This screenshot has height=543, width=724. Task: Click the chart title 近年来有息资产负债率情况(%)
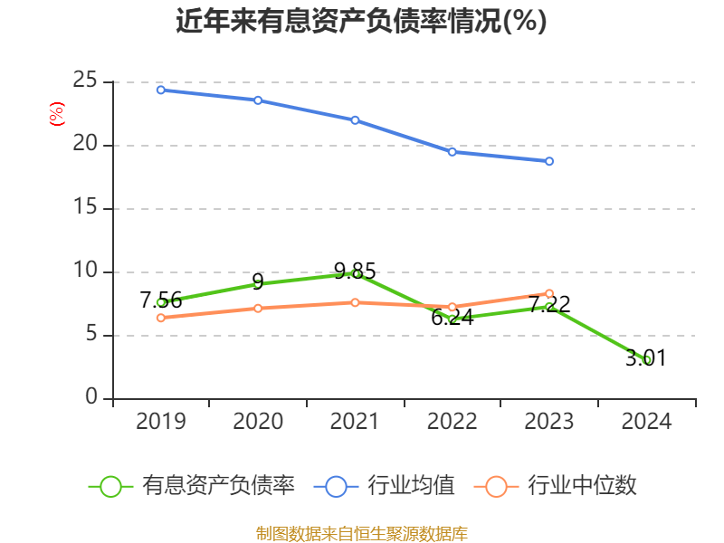coord(361,21)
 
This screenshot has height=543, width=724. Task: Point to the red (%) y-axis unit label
coord(56,115)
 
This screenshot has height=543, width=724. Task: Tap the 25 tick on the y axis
coord(85,81)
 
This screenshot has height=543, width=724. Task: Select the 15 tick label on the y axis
coord(85,208)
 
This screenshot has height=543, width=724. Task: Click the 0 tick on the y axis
coord(92,397)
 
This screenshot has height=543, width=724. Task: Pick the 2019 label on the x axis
coord(160,422)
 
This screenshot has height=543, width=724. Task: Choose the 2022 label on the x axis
coord(452,422)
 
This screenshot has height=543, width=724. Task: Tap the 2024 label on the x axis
coord(646,422)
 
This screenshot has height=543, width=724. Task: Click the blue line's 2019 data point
coord(160,90)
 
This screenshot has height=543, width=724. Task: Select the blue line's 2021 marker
coord(355,119)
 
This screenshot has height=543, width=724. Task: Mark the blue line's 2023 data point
coord(549,161)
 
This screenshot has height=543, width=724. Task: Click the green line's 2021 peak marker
coord(356,272)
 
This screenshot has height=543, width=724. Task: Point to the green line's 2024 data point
coord(647,359)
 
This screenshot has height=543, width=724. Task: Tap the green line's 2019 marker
coord(160,302)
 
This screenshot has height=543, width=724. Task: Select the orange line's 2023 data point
coord(549,293)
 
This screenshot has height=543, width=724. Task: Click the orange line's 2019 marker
coord(160,318)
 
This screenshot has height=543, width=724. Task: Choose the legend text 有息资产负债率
coord(218,486)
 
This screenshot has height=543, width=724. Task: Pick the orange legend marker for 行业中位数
coord(496,486)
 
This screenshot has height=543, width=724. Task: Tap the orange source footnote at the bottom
coord(361,533)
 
